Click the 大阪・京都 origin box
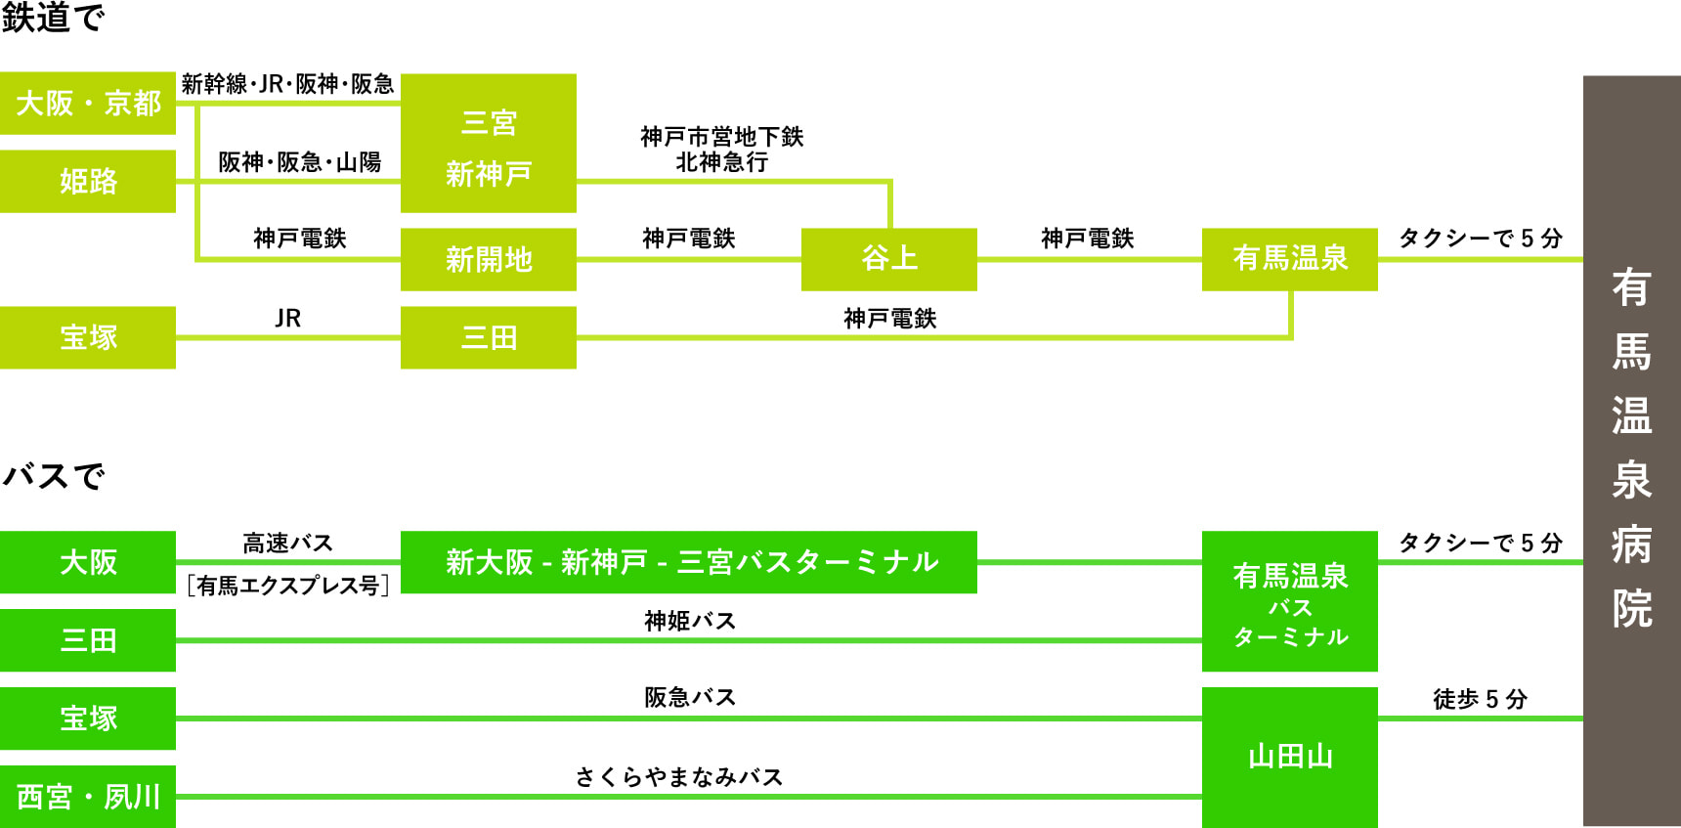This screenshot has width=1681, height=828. [88, 103]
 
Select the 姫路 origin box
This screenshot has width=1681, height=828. [88, 181]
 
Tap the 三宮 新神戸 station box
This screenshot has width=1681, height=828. [488, 144]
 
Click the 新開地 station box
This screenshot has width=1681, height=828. [488, 259]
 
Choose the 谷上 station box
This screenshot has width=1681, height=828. [888, 259]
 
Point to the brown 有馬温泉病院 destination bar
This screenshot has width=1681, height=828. [1631, 450]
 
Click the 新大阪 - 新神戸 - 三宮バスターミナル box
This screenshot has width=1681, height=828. [688, 562]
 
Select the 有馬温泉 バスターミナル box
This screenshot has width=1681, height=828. [1289, 601]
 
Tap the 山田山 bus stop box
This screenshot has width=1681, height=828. [1289, 757]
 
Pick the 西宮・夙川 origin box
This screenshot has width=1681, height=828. [88, 797]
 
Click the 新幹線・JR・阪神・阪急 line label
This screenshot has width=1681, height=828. [287, 85]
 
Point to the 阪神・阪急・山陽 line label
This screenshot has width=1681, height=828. [299, 162]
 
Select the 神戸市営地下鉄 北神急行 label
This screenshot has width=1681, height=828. [722, 150]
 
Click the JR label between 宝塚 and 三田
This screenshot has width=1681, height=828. [287, 319]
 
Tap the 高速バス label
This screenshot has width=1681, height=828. [287, 544]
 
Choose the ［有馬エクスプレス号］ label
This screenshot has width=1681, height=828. [287, 586]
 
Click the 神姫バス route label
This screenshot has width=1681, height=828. [689, 621]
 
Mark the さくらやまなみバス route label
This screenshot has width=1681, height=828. [679, 777]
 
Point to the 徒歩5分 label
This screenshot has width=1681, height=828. [1480, 699]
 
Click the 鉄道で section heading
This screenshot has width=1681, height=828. [53, 18]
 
